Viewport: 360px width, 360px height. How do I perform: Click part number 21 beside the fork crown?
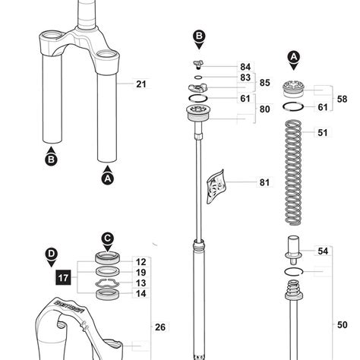click(141, 84)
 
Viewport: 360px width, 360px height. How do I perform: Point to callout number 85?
click(265, 83)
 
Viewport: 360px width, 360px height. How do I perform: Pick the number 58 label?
click(342, 99)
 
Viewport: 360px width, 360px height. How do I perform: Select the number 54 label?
click(322, 251)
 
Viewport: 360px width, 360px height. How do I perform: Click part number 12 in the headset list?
click(141, 261)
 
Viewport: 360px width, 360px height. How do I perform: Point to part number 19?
click(141, 272)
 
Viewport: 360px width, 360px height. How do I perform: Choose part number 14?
click(141, 293)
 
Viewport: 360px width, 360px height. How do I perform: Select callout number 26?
click(160, 327)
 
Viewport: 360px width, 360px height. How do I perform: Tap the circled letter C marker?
click(108, 238)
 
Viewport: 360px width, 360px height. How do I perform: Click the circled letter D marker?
click(51, 253)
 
